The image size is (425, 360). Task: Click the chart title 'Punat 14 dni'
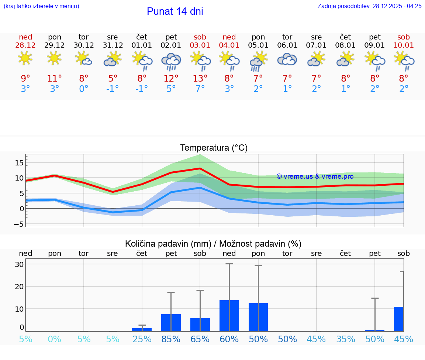(175, 11)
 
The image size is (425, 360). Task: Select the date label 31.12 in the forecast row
(113, 45)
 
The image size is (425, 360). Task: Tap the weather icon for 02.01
(171, 61)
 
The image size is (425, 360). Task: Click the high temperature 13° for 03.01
(200, 79)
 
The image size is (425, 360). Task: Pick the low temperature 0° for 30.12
(84, 89)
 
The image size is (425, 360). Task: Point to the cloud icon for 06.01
(287, 59)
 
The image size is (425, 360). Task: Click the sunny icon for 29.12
(55, 58)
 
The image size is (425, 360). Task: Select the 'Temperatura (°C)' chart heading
(214, 148)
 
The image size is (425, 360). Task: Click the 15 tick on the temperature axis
(19, 163)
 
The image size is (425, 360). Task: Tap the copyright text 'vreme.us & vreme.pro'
(315, 176)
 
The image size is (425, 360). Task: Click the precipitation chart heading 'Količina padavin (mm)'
(168, 244)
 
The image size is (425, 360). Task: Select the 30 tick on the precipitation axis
(19, 264)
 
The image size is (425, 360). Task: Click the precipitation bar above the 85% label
(171, 323)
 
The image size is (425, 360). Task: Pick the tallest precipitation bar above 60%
(229, 316)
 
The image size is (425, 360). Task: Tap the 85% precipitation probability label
(171, 339)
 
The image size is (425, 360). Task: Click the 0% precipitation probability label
(55, 339)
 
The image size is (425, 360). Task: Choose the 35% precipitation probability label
(346, 339)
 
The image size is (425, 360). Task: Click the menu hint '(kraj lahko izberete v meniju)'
(41, 6)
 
